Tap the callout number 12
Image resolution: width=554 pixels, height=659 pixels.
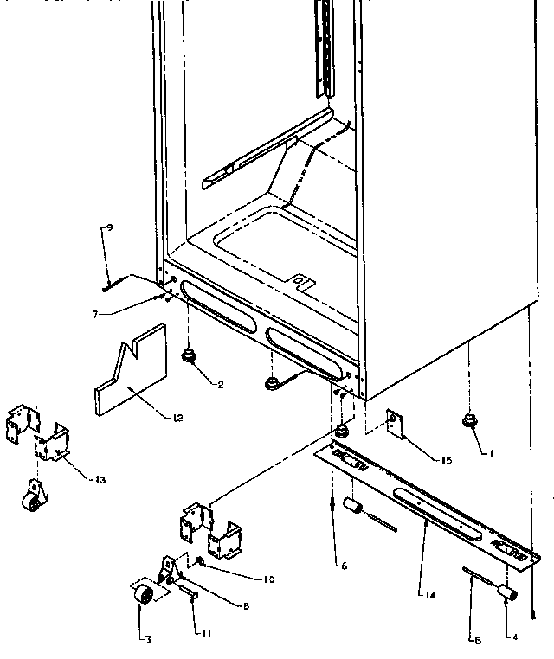(x=177, y=417)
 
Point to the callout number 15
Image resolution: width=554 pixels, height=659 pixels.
(x=447, y=460)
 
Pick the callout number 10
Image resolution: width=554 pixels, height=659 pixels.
(x=269, y=579)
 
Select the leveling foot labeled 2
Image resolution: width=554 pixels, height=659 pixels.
(x=188, y=355)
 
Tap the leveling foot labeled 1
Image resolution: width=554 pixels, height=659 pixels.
(x=472, y=421)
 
